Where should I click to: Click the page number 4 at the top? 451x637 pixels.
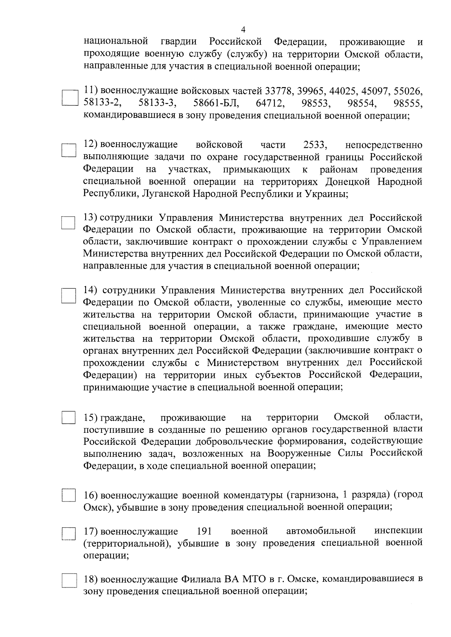(x=243, y=30)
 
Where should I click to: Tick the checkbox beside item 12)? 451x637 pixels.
(x=69, y=151)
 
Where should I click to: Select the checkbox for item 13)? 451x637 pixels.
(x=69, y=223)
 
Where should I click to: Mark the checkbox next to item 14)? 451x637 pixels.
(x=69, y=295)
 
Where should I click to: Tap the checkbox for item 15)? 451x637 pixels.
(x=69, y=418)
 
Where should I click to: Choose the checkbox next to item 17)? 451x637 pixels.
(x=69, y=533)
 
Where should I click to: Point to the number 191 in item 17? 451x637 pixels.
(x=204, y=531)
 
